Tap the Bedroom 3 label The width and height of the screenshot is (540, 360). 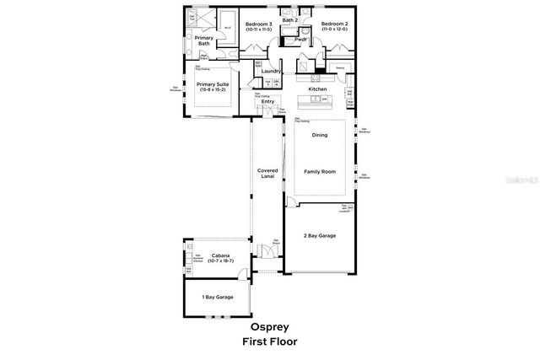[258, 24]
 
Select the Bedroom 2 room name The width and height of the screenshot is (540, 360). [334, 24]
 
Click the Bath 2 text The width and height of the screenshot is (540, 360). [290, 19]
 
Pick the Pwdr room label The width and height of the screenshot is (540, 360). [300, 39]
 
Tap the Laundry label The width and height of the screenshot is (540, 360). [271, 71]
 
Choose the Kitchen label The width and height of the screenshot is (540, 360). [317, 89]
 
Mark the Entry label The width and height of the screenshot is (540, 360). [267, 102]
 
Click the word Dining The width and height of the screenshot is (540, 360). [320, 135]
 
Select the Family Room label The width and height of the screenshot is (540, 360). [320, 171]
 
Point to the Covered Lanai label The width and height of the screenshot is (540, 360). [267, 174]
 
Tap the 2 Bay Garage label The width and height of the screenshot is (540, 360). [320, 235]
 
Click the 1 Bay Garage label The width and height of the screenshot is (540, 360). [218, 298]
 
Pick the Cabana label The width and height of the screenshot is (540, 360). [211, 254]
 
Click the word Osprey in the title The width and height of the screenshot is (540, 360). [269, 326]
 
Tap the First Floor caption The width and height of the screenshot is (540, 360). [269, 341]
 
